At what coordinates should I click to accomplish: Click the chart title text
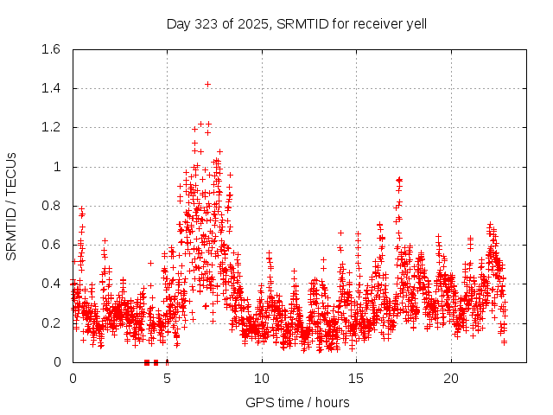click(x=296, y=23)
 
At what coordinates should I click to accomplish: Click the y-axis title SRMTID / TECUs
click(x=12, y=206)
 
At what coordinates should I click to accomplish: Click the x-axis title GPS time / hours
click(x=296, y=402)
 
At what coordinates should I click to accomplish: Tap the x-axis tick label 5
click(x=167, y=379)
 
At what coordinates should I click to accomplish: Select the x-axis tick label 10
click(x=262, y=379)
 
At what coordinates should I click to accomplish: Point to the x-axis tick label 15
click(x=356, y=379)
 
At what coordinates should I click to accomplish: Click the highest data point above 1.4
click(x=208, y=84)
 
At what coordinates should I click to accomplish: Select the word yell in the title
click(x=416, y=23)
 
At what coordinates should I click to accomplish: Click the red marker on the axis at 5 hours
click(x=167, y=362)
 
